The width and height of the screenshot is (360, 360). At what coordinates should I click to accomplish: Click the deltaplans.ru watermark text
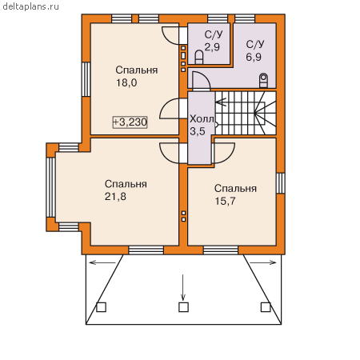pos(30,6)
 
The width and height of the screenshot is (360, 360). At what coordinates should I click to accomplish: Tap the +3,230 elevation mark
pos(130,122)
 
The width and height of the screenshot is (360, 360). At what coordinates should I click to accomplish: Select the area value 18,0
pos(126,82)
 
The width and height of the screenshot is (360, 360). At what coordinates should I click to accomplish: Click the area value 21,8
pos(115,197)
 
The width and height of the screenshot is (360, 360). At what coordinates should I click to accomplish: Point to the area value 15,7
pos(226,201)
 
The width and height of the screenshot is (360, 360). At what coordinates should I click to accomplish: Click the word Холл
pos(202,119)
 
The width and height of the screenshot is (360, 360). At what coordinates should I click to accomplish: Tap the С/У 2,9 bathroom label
pos(213,41)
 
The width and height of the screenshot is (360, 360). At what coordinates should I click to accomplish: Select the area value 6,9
pos(254,57)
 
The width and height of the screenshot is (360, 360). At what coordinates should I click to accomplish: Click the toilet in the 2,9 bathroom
pos(199,57)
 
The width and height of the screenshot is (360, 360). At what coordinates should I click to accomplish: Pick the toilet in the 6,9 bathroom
pos(263,80)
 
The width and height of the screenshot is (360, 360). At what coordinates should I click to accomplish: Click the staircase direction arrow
pos(221,102)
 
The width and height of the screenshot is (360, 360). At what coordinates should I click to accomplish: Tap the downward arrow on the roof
pos(182,287)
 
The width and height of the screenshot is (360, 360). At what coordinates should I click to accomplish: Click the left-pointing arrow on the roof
pos(102,262)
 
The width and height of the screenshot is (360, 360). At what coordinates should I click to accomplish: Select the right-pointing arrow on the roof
pos(263,262)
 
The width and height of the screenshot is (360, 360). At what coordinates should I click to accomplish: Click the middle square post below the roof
pos(183,307)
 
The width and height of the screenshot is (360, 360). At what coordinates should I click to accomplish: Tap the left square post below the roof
pos(101,307)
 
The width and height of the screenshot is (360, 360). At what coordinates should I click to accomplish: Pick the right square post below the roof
pos(266,307)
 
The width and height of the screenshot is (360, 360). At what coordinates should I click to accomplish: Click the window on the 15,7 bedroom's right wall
pos(280,183)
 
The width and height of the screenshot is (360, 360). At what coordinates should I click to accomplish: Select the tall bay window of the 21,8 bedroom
pos(50,187)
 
